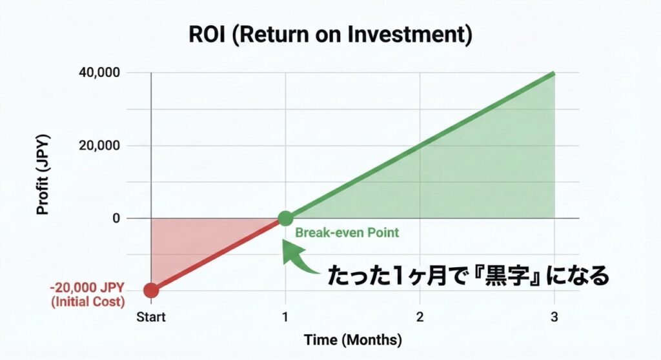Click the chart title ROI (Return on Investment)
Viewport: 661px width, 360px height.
(330, 34)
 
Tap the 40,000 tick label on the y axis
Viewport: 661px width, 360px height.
(99, 72)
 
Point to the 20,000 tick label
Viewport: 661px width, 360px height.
(99, 145)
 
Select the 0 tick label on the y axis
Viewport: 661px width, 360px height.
(116, 218)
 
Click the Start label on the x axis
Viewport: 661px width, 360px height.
(151, 317)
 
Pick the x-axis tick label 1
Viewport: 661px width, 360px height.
(285, 317)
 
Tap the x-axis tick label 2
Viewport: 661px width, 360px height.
(420, 317)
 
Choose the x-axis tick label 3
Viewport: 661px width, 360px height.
(554, 317)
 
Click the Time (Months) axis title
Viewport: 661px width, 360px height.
(353, 340)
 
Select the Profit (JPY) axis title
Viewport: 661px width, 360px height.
(43, 175)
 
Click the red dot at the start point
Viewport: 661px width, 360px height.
(151, 290)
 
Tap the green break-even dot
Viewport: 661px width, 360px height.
(285, 218)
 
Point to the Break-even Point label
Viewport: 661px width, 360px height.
(347, 233)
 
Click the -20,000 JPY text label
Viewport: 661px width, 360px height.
(87, 288)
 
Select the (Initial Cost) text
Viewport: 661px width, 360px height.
(88, 302)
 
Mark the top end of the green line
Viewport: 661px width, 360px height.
(554, 74)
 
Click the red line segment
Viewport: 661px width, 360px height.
(218, 254)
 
